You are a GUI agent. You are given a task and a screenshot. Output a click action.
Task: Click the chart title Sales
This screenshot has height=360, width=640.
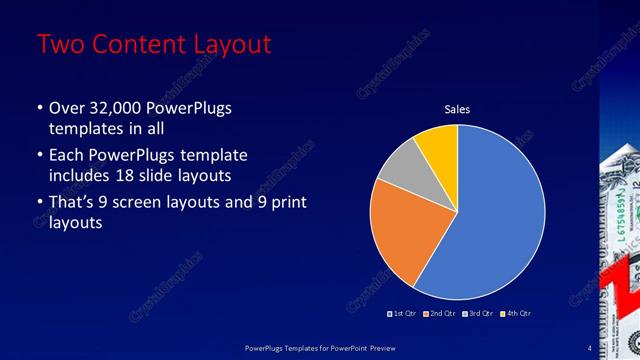[x=457, y=109]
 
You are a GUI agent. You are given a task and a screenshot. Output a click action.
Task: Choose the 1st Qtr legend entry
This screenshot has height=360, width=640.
[x=401, y=313]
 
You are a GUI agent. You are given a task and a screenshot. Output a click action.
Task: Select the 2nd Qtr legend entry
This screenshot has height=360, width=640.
[x=442, y=313]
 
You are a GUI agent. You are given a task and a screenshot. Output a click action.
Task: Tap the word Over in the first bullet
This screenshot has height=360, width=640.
[x=66, y=108]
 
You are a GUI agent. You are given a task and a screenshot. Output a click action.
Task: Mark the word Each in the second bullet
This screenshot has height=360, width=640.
[x=66, y=155]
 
